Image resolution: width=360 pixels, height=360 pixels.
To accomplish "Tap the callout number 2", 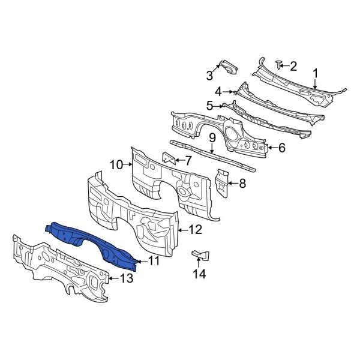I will click(x=293, y=65).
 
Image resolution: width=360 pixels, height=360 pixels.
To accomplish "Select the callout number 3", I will click(x=209, y=76).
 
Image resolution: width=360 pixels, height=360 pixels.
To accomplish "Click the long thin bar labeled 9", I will click(x=213, y=153).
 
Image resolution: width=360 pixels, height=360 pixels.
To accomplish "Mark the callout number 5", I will click(x=210, y=106).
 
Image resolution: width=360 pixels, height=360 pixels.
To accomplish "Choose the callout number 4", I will click(x=219, y=92).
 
